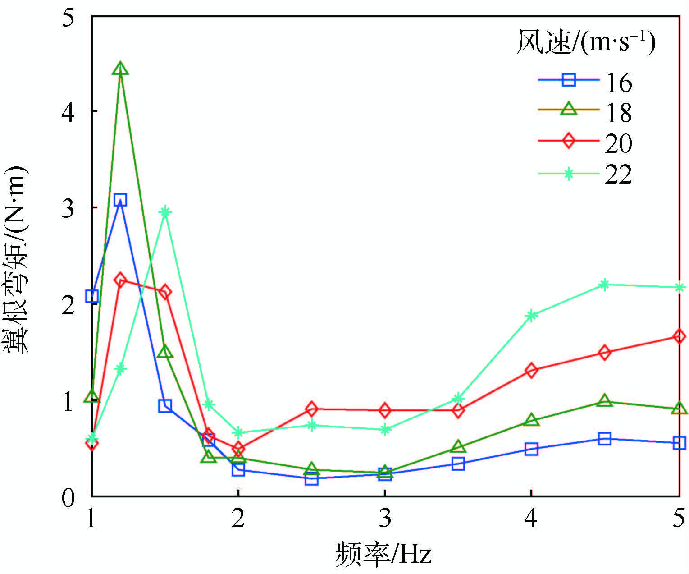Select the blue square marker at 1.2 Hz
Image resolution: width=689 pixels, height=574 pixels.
point(120,200)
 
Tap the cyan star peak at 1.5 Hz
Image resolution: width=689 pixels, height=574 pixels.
point(165,211)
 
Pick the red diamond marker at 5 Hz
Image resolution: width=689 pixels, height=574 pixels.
point(679,336)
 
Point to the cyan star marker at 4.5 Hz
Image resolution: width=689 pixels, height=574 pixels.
point(605,284)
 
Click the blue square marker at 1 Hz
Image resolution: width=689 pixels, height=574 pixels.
point(92,296)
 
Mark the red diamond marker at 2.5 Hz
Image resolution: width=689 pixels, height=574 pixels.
point(311,409)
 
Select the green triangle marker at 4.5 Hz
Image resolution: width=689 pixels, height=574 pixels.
point(605,401)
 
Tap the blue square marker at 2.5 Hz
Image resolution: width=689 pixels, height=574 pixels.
point(311,479)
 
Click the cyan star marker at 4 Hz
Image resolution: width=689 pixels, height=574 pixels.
point(532,315)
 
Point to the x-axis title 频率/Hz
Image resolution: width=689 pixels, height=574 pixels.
point(383,554)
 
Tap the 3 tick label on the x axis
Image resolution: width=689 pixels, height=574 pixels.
point(385,519)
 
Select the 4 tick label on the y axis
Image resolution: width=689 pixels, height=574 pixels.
point(68,111)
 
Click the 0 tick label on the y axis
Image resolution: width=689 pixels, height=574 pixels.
point(68,498)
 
